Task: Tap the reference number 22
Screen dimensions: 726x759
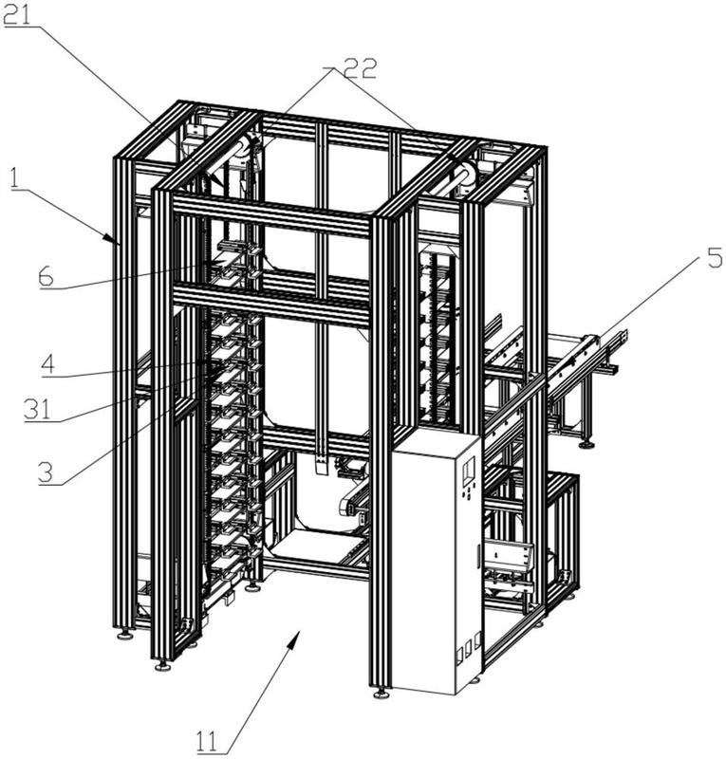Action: (360, 68)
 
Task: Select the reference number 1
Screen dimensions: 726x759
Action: (14, 177)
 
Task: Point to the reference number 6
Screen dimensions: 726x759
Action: (47, 277)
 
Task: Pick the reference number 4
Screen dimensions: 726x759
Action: (48, 364)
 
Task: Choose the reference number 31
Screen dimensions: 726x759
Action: (38, 410)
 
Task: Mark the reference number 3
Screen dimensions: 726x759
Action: (46, 472)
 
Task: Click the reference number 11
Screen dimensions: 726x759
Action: (207, 741)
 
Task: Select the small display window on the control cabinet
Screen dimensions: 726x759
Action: (468, 470)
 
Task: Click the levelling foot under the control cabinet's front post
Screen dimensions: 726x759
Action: (382, 694)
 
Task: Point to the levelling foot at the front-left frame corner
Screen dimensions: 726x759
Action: (162, 666)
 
